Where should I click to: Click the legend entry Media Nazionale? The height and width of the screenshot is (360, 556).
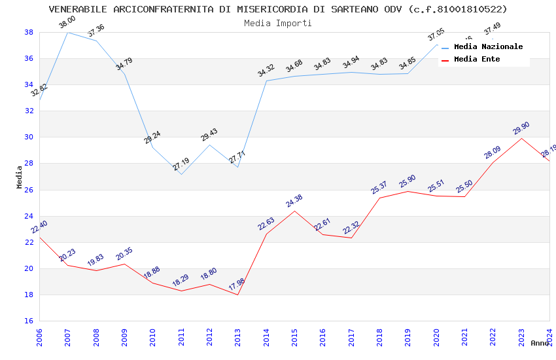coord(488,47)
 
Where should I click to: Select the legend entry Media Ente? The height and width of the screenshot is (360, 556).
coord(477,59)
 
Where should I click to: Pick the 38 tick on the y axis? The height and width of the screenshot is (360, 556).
coord(29,32)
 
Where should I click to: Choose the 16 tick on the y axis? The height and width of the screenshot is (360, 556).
coord(29,321)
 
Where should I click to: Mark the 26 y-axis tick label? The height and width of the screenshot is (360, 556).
coord(29,190)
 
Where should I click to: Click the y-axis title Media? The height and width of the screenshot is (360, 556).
coord(20,177)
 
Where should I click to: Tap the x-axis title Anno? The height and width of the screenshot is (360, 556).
coord(540,343)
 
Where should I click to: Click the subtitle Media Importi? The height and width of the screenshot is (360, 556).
coord(278,23)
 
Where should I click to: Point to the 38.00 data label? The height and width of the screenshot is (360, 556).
coord(67,22)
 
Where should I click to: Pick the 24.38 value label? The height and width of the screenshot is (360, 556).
coord(294,201)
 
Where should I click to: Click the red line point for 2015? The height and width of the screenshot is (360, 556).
coord(294,211)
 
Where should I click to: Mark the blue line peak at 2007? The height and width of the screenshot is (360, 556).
coord(67,32)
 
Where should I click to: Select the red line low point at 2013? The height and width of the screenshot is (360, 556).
coord(237,295)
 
